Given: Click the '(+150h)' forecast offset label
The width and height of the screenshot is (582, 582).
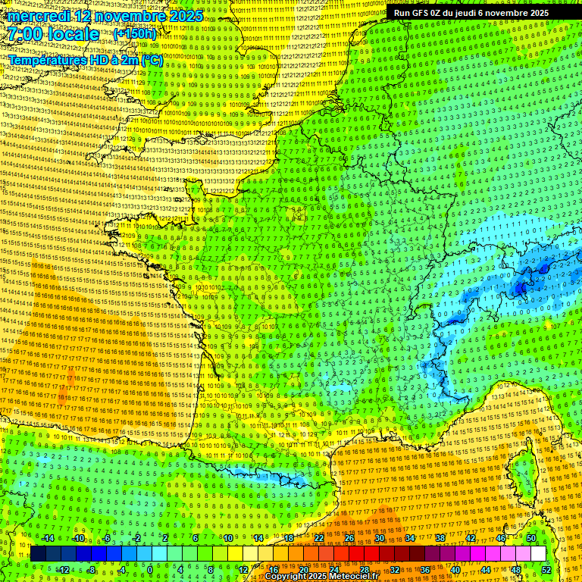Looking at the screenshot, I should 135,34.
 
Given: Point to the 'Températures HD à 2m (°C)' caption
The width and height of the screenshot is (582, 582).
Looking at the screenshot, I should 85,60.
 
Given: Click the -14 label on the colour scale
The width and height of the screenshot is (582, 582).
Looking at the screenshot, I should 47,538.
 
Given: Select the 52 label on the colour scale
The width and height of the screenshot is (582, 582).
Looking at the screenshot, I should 546,569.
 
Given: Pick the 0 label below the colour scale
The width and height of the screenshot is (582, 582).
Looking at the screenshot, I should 150,569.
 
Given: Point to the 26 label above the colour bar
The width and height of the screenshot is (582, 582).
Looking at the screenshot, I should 349,538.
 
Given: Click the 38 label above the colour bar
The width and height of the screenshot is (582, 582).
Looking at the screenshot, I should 440,538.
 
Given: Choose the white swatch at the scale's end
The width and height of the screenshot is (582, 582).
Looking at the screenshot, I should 538,554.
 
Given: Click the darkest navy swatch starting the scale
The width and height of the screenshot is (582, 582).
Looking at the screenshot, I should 38,554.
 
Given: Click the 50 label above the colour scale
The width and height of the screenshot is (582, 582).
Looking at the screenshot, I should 531,538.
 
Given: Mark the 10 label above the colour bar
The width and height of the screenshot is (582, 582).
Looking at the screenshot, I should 228,538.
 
